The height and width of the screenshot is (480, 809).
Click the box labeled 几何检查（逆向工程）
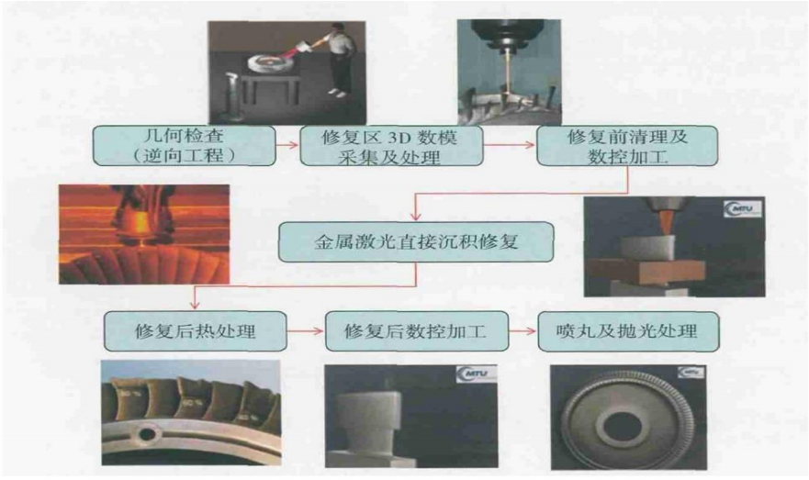(x=185, y=145)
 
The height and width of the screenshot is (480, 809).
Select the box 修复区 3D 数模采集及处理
(x=391, y=145)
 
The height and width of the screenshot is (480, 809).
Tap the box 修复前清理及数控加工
(x=627, y=145)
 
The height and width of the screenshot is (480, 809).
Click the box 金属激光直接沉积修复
(x=416, y=241)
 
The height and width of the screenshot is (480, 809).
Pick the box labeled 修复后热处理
(x=195, y=331)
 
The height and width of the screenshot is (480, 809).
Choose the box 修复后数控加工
(x=416, y=331)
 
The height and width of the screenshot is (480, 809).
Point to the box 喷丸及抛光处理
(x=628, y=331)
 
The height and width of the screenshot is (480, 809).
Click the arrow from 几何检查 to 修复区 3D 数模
(x=288, y=145)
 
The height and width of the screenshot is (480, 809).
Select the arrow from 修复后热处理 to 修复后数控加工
(x=306, y=331)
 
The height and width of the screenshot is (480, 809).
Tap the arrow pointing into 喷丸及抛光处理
(x=523, y=331)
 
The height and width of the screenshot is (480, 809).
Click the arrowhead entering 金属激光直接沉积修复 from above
(x=416, y=217)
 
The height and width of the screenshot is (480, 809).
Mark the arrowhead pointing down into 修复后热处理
(x=195, y=306)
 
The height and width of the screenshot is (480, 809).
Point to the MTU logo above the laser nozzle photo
(x=743, y=209)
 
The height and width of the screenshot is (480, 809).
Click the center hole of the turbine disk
(x=623, y=428)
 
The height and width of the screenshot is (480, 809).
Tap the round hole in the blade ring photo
(x=148, y=433)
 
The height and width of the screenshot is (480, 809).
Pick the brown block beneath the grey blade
(x=647, y=271)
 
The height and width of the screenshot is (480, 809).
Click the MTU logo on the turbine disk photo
(x=691, y=372)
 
